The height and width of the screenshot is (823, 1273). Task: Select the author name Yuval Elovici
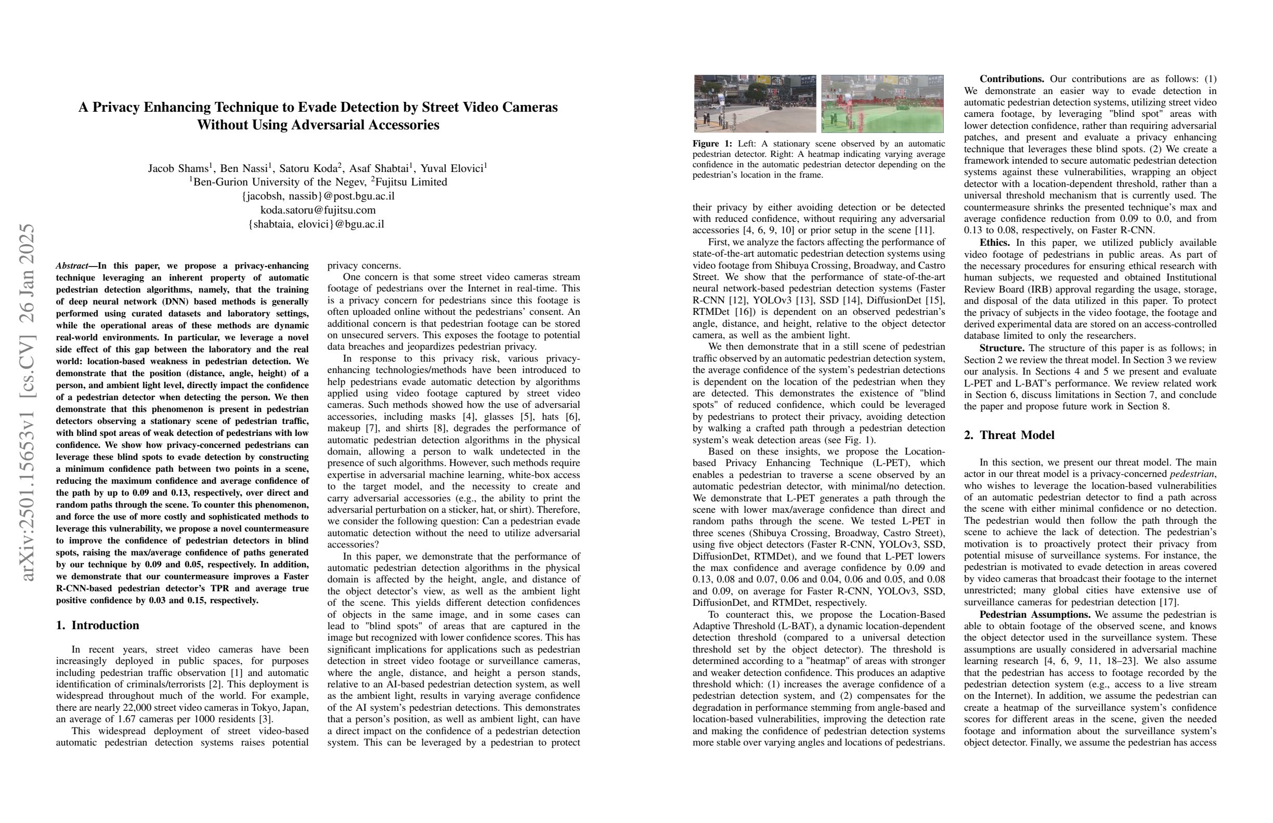(x=452, y=168)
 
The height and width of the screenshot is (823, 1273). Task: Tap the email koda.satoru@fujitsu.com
(x=318, y=210)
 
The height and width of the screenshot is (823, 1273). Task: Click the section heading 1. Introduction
(x=97, y=625)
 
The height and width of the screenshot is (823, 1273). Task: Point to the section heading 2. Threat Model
(x=1009, y=435)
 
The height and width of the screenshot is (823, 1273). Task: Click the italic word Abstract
(x=72, y=266)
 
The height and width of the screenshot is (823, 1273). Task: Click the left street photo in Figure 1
(x=755, y=104)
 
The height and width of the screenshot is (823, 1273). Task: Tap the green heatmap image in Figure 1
(x=882, y=104)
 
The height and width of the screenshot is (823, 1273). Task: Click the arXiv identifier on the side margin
(x=27, y=401)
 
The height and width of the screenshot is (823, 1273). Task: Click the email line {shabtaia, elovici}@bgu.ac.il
(x=316, y=224)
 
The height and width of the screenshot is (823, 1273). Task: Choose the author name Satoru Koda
(x=315, y=168)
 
